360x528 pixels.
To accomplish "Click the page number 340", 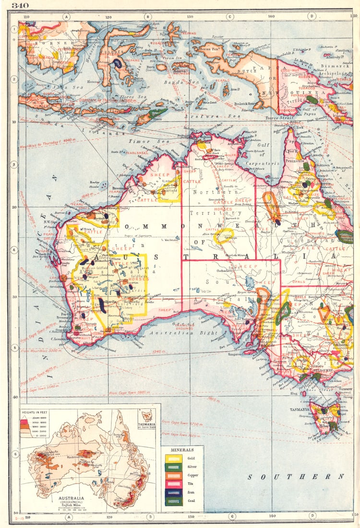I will coord(20,5).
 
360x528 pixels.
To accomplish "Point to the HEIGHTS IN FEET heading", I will coord(39,412).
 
